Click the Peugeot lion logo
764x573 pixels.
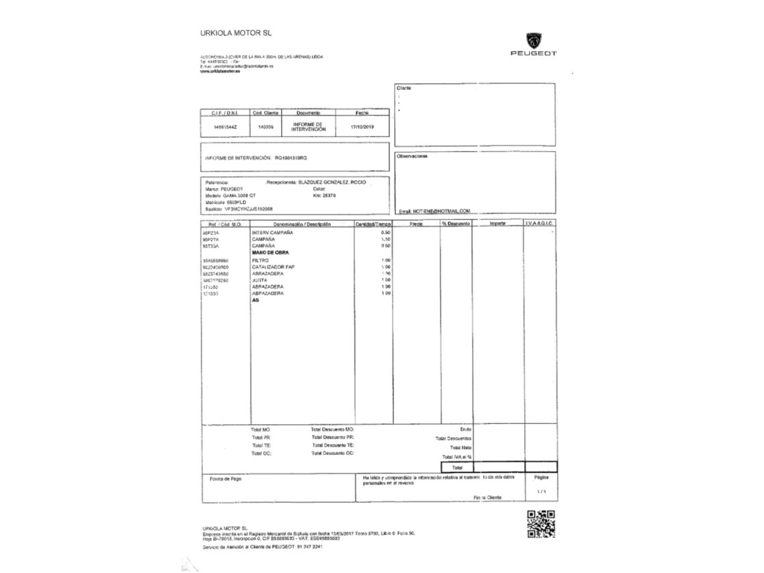pos(534,40)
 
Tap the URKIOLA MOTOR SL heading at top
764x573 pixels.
pos(236,33)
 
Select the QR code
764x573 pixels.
pos(541,524)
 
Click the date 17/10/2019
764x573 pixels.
pos(362,127)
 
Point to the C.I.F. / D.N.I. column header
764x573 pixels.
pos(225,113)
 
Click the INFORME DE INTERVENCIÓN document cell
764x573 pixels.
pos(308,127)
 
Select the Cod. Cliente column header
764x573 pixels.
pos(265,113)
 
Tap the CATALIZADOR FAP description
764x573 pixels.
pos(273,267)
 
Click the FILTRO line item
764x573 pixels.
pos(260,261)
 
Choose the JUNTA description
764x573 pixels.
pos(260,280)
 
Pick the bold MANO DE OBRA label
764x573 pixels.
pos(270,253)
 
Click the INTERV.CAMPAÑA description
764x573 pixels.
pos(272,233)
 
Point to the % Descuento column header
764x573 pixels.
pos(456,224)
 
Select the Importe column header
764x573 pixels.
pos(497,223)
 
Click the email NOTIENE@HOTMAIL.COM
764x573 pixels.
pos(441,211)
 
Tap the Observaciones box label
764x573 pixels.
pos(412,156)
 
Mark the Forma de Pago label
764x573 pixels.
pos(225,479)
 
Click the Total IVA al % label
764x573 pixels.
pos(456,457)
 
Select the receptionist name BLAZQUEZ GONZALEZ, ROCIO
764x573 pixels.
pos(332,182)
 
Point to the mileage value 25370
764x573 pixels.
pos(329,196)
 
